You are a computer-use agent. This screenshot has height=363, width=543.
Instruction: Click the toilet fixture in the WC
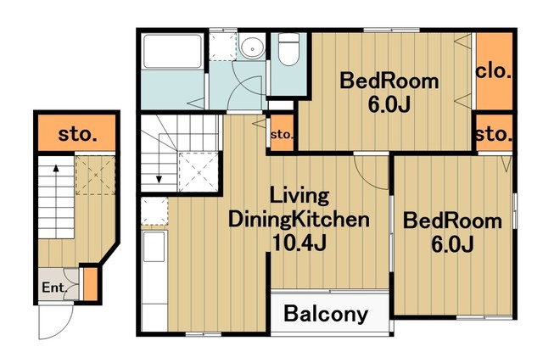point(288,49)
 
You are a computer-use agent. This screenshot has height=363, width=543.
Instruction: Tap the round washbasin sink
point(252,47)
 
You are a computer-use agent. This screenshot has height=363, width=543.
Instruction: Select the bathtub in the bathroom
point(172,51)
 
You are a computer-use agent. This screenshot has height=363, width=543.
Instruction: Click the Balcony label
point(326,314)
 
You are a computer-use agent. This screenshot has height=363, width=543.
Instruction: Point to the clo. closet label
point(494,71)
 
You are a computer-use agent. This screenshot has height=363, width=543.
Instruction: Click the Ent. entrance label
point(54,288)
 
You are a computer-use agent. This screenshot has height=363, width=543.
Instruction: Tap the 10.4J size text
point(299,243)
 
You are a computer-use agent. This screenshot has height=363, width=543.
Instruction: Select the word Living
point(299,196)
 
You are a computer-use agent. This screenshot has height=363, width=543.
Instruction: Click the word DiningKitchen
point(299,220)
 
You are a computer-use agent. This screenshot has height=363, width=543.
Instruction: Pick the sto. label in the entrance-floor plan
point(77,133)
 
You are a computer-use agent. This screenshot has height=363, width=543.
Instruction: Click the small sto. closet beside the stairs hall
point(282,133)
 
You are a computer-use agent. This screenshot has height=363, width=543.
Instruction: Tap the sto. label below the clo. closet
point(494,133)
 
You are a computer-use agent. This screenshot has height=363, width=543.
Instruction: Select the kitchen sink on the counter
point(154,247)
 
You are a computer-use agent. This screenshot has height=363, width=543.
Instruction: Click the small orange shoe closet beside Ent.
point(91,284)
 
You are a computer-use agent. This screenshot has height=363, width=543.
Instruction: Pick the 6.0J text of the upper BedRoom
point(389,104)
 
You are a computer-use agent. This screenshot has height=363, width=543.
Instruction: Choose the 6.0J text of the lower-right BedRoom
point(452,244)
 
